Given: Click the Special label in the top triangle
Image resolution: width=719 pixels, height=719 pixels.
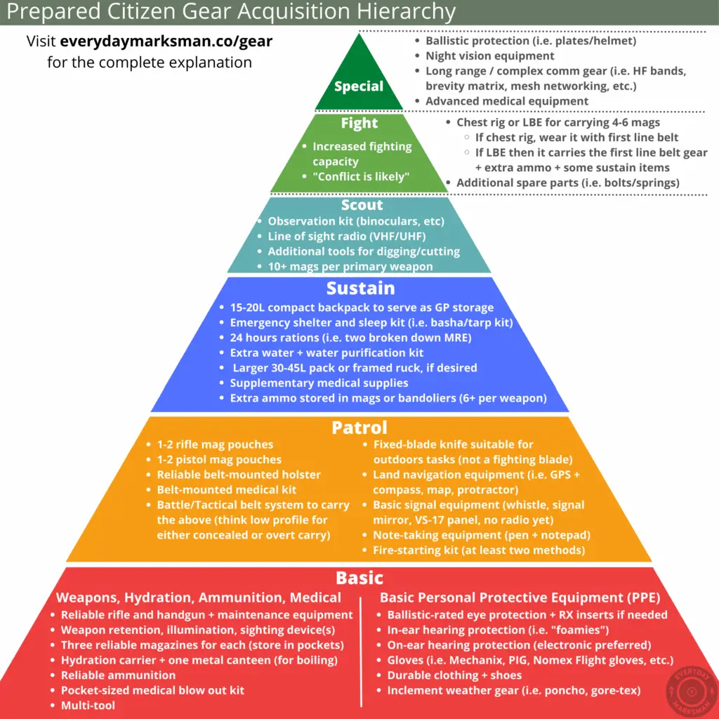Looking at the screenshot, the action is (359, 86).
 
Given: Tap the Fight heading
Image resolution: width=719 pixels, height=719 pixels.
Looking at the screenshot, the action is (359, 123).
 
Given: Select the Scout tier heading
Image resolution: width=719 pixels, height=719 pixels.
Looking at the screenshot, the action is (362, 204).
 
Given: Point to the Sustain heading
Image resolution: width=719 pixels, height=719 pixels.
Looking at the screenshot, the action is (360, 288).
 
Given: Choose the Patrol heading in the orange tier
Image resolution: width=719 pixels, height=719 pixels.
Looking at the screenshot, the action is (359, 428).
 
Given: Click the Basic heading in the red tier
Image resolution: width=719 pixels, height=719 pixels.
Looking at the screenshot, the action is (359, 578).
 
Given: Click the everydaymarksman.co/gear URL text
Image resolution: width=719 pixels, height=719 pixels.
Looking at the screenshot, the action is (166, 41).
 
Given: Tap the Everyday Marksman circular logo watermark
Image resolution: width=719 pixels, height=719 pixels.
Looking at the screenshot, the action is (692, 692).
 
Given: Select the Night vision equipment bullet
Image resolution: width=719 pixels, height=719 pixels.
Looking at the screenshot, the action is (489, 56).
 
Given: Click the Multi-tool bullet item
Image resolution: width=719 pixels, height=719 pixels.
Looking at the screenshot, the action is (88, 705).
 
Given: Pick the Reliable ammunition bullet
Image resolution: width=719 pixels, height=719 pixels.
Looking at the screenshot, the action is (118, 675).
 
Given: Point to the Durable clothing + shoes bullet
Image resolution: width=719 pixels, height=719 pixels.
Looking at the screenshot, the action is (454, 675).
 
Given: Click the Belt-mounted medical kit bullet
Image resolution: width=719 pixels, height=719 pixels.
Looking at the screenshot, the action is (227, 489).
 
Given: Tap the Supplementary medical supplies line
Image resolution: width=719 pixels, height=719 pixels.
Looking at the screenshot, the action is (319, 383).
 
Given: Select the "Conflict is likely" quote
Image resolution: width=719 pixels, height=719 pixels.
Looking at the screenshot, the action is (361, 176).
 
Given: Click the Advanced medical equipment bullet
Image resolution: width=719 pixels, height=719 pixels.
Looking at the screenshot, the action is (507, 101).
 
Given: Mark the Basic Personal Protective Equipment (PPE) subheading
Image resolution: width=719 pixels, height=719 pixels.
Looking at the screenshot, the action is (520, 598).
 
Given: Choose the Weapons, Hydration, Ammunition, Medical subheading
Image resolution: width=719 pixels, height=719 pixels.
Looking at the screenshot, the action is (199, 598).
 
